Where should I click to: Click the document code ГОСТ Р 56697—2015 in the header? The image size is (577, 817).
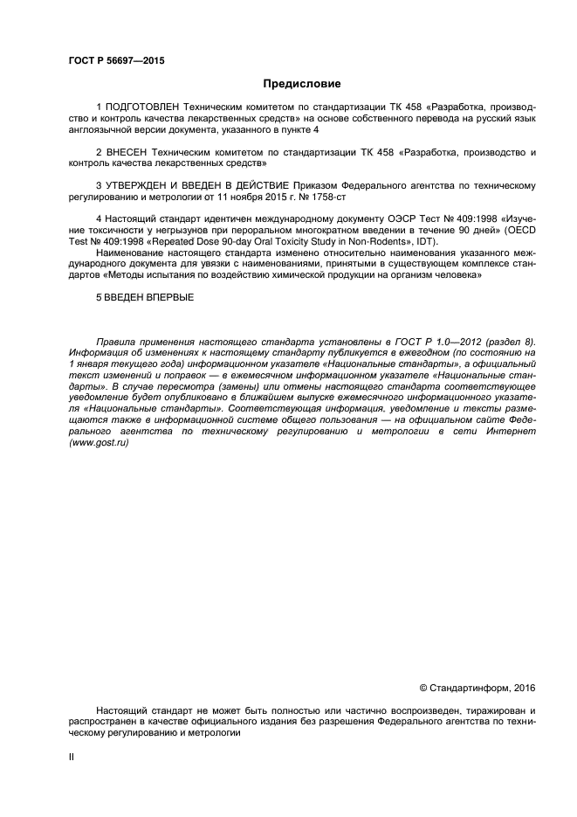point(116,61)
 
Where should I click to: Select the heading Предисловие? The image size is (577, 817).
point(302,84)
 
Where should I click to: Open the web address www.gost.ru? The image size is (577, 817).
point(99,443)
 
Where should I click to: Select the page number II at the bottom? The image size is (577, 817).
point(72,757)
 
